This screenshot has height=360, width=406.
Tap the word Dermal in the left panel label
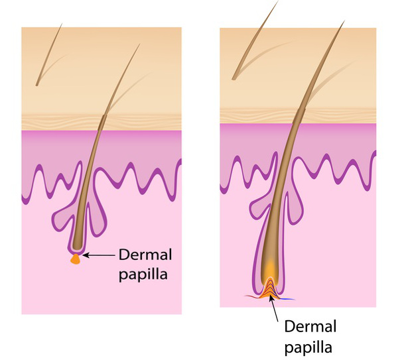point(142,254)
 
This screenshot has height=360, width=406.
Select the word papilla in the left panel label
point(140,272)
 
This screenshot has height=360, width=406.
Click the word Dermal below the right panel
point(310,326)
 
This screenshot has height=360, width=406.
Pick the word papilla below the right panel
point(307,345)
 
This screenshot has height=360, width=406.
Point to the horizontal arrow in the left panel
point(100,255)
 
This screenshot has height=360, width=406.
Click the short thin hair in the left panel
point(50,57)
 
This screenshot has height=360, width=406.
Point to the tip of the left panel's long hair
point(140,45)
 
